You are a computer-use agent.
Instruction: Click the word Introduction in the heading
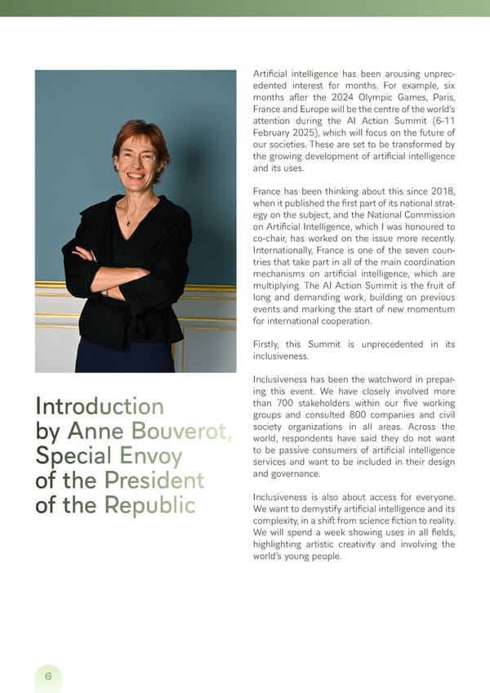pyautogui.click(x=99, y=406)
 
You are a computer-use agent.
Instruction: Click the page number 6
pyautogui.click(x=48, y=676)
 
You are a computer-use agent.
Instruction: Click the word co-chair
pyautogui.click(x=274, y=239)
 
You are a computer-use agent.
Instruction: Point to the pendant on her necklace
pyautogui.click(x=127, y=223)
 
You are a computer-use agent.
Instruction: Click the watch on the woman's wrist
pyautogui.click(x=105, y=292)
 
